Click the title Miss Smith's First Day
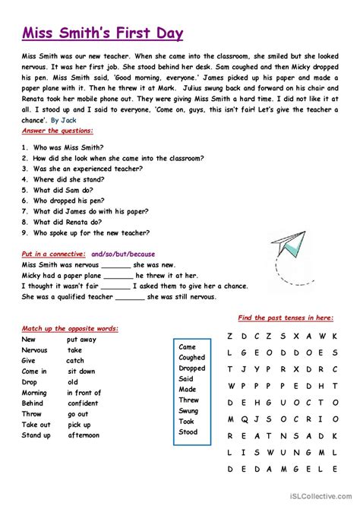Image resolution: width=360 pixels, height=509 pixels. [x=103, y=33]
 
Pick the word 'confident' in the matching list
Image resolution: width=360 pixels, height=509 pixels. [x=83, y=403]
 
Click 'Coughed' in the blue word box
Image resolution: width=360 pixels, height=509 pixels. [x=191, y=357]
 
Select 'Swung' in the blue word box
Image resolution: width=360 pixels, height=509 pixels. [x=188, y=410]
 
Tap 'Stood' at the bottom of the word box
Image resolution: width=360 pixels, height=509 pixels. [x=188, y=432]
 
